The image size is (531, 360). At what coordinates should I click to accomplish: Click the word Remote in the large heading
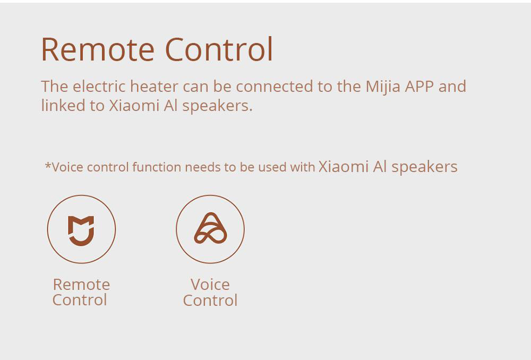98,49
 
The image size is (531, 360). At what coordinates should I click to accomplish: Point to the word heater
155,86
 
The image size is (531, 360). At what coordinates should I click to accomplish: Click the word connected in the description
275,87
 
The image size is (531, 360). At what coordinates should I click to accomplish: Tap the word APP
419,87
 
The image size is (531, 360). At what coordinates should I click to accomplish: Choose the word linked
63,105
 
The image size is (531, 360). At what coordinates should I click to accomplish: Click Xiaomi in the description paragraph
134,105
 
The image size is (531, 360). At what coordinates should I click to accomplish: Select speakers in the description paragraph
218,106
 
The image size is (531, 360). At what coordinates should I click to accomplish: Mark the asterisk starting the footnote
48,165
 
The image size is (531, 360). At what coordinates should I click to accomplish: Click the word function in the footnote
157,167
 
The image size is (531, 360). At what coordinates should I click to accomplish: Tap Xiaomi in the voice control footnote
344,167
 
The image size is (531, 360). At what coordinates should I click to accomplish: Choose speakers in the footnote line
425,167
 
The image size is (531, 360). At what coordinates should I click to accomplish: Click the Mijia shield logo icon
81,230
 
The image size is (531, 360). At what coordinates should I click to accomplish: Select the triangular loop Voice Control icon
210,228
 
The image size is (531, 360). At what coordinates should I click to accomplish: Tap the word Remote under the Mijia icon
81,285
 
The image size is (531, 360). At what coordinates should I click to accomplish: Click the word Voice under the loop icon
210,285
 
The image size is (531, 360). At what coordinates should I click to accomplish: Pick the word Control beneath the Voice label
210,301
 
